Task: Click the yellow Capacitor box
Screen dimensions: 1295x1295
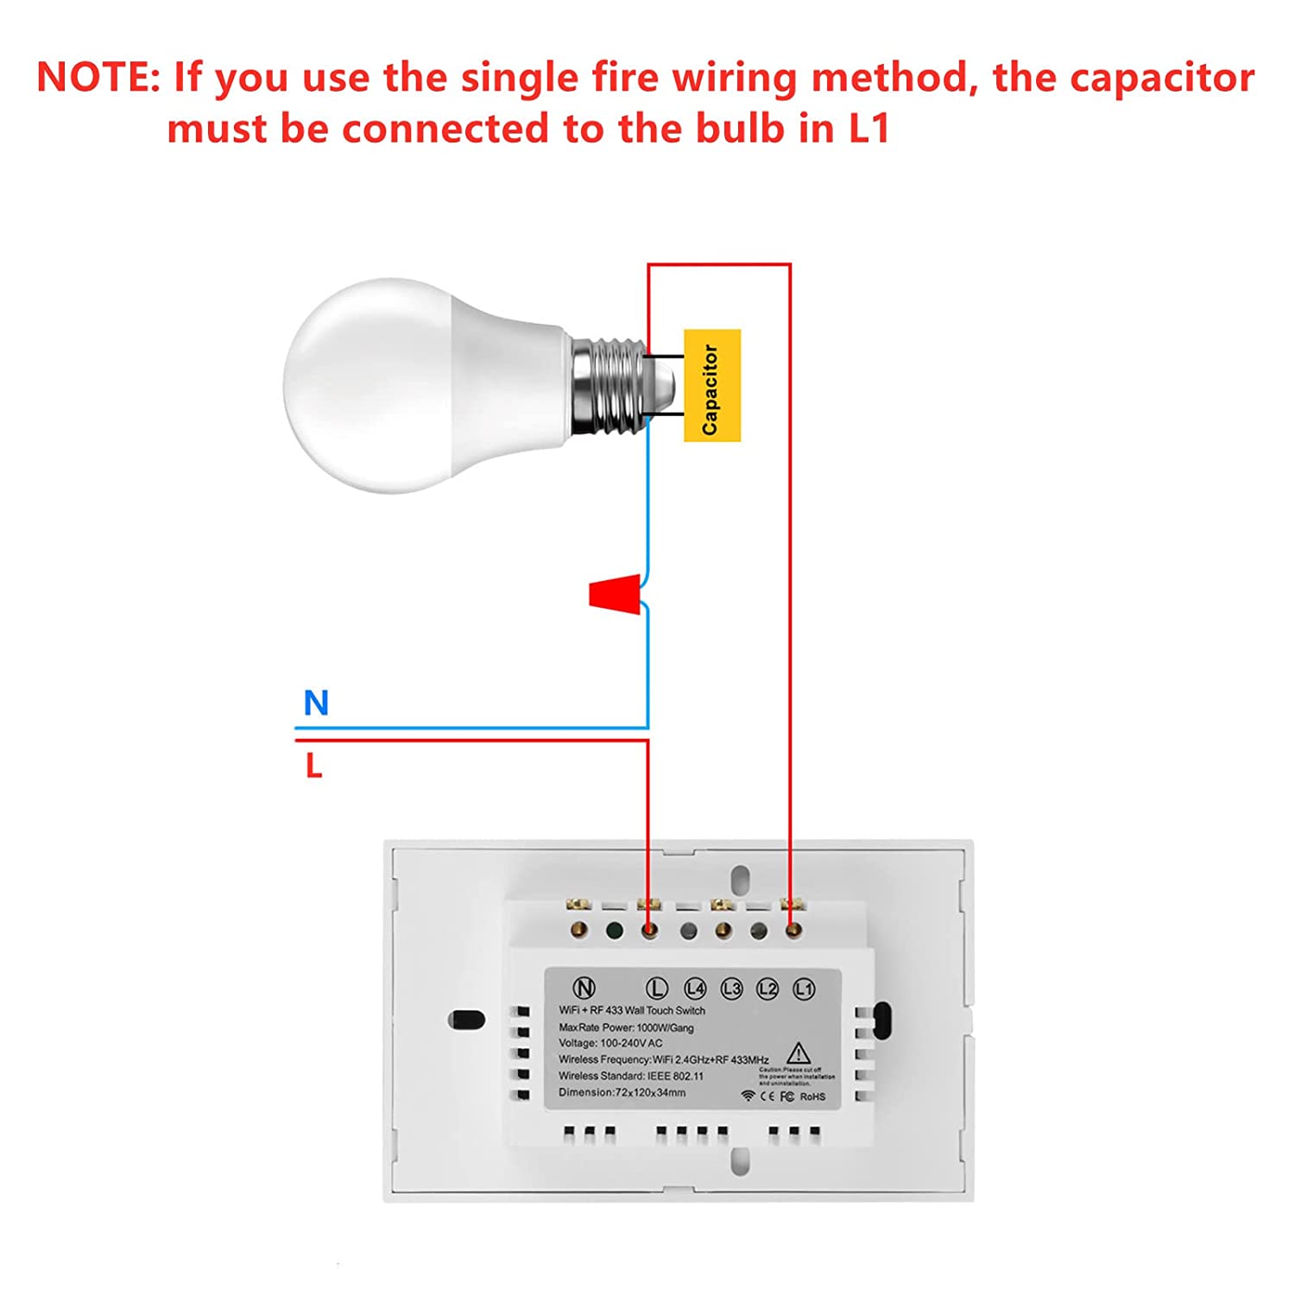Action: (711, 385)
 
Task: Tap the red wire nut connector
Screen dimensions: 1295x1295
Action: (616, 595)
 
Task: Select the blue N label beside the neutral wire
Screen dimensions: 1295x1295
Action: (316, 703)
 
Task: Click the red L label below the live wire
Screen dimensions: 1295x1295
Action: (313, 765)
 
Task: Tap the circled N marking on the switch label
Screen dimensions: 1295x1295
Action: (584, 989)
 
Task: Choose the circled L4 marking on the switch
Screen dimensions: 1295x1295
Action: (695, 989)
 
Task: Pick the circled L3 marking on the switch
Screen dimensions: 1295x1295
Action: (731, 989)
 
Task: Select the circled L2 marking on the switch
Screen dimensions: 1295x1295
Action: (768, 989)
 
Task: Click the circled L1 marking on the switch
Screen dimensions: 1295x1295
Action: (804, 989)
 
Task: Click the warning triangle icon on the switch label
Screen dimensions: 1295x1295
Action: (799, 1053)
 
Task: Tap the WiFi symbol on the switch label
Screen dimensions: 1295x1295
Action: (748, 1096)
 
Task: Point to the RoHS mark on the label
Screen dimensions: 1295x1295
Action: (812, 1096)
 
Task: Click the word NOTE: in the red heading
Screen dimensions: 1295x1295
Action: (98, 78)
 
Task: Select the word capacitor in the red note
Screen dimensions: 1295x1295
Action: (1123, 78)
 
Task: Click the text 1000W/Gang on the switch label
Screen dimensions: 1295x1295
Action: (665, 1027)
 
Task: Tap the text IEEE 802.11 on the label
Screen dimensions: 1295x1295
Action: (675, 1076)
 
